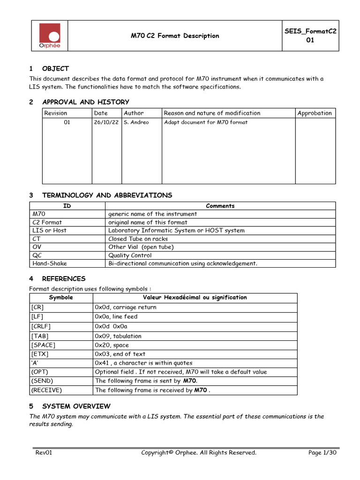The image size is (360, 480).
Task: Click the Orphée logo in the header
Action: (49, 36)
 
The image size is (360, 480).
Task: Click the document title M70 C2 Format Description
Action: (175, 36)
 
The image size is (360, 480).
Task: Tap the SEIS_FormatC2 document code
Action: (310, 31)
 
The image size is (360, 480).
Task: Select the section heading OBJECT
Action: (55, 68)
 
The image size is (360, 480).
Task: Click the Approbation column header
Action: (315, 113)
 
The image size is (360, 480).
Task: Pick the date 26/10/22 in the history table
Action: (106, 123)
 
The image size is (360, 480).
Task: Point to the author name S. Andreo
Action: (136, 123)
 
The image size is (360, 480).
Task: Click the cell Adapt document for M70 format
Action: (206, 123)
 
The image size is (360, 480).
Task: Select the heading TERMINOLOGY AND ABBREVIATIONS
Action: (107, 195)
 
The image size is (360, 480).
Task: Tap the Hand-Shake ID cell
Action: (50, 263)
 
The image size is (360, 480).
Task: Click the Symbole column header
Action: (61, 298)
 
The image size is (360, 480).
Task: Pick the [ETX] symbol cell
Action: (39, 354)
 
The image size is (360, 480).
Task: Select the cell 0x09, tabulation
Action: (118, 336)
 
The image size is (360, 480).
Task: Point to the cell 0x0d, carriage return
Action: (126, 307)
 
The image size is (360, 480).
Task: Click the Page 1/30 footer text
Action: (322, 452)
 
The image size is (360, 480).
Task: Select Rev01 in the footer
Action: (44, 452)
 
